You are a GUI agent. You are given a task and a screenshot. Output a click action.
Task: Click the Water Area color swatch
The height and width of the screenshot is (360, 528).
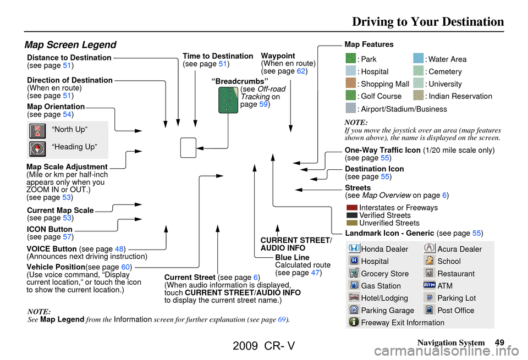coord(419,59)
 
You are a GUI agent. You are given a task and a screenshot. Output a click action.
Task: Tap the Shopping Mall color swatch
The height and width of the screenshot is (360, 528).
coord(351,84)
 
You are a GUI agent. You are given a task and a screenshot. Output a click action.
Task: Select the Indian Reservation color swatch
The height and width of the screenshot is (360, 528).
coord(419,96)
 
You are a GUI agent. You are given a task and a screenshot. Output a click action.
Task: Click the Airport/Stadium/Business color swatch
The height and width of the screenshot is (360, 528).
coord(351,108)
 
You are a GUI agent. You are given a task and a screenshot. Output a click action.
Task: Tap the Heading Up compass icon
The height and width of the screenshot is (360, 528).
coord(37,148)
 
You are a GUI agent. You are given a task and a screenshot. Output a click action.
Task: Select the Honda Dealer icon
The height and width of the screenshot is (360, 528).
coord(354,249)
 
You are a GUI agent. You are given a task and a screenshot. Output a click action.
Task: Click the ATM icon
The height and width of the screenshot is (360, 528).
coord(430,285)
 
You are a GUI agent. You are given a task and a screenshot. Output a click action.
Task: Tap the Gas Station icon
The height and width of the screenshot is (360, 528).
coord(354,285)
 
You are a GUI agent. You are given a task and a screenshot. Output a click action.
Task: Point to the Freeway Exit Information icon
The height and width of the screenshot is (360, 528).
coord(354,322)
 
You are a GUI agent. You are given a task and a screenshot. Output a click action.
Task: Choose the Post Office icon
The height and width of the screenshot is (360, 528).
coord(430,310)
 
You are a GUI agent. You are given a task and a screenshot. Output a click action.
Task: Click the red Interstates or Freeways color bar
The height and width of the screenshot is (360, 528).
coord(352,208)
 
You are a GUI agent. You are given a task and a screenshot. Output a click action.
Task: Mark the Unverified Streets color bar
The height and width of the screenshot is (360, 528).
coord(352,223)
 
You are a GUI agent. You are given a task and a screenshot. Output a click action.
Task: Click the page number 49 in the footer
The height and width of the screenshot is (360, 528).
coord(499,343)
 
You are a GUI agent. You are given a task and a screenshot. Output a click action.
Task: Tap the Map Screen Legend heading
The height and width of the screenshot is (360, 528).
coord(70,45)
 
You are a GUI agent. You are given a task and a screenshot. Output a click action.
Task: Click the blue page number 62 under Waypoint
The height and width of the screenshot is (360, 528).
coord(302,71)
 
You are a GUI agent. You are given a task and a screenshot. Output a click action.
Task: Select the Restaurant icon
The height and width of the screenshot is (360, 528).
coord(430,273)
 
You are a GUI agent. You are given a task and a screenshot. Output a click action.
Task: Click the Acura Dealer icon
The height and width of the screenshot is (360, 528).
coord(430,249)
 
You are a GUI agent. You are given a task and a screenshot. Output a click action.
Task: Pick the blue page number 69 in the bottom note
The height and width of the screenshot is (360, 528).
coord(282,319)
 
